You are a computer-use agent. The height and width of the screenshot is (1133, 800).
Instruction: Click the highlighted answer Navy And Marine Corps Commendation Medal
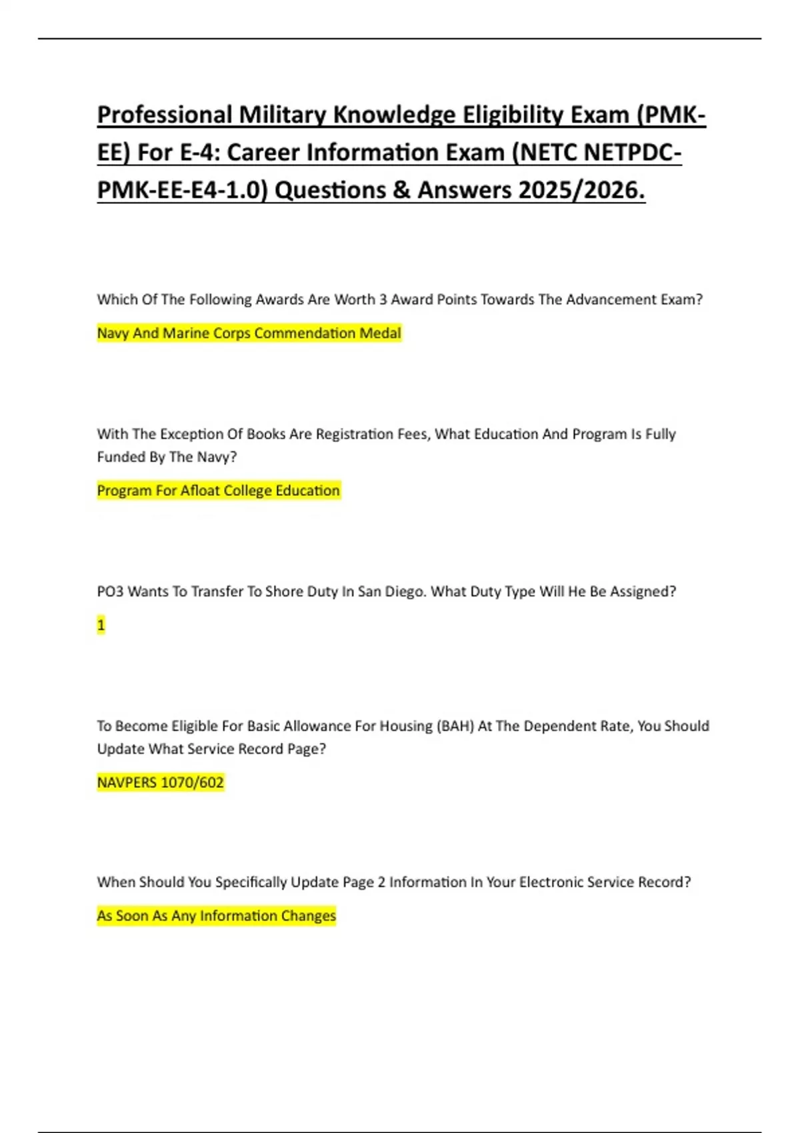[249, 333]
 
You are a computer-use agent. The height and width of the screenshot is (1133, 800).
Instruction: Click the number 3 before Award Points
[383, 300]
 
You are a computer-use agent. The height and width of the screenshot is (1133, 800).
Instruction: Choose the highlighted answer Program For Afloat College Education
[218, 491]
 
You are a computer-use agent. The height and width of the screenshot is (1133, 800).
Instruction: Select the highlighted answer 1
[101, 625]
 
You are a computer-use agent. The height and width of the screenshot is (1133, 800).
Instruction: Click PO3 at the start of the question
[110, 592]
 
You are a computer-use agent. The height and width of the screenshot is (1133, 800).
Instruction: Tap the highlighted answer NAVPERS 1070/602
[160, 782]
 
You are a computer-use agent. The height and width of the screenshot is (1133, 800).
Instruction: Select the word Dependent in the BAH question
[555, 726]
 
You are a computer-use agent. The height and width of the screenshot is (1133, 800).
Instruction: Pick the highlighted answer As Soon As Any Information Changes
[216, 916]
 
